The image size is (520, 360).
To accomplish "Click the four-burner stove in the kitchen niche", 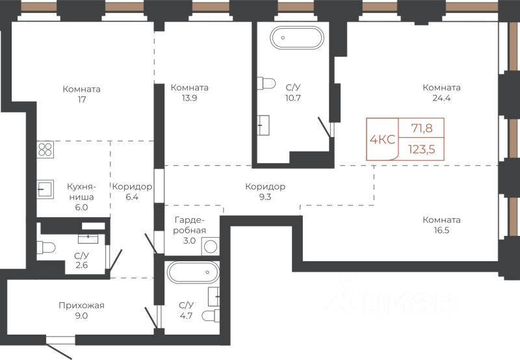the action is (45, 149).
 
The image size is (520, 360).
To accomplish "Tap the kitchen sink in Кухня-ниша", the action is (45, 189).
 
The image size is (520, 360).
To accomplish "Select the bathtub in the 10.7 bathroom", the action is (297, 38).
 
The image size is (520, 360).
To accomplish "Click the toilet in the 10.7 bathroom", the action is (266, 83).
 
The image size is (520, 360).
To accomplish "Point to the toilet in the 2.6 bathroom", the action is (45, 248).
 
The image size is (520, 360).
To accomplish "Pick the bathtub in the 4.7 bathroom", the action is (193, 272).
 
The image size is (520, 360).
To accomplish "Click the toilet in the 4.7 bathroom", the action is (211, 316).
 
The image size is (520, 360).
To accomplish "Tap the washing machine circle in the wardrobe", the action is (211, 246).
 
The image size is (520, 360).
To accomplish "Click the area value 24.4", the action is (441, 98).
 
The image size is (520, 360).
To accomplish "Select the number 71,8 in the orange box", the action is (422, 127).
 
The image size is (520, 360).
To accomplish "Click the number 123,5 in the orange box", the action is (421, 149).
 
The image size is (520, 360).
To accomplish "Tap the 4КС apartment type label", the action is (382, 140).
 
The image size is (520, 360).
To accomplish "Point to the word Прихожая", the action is (82, 305).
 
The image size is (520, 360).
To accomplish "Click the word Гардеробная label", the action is (189, 225).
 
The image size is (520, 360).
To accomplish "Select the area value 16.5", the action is (441, 231).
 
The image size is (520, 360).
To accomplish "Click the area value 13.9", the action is (189, 98).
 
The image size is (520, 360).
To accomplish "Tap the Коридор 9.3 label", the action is (265, 192).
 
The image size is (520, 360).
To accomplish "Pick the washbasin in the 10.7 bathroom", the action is (264, 125).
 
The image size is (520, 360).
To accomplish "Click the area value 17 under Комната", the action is (82, 99).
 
